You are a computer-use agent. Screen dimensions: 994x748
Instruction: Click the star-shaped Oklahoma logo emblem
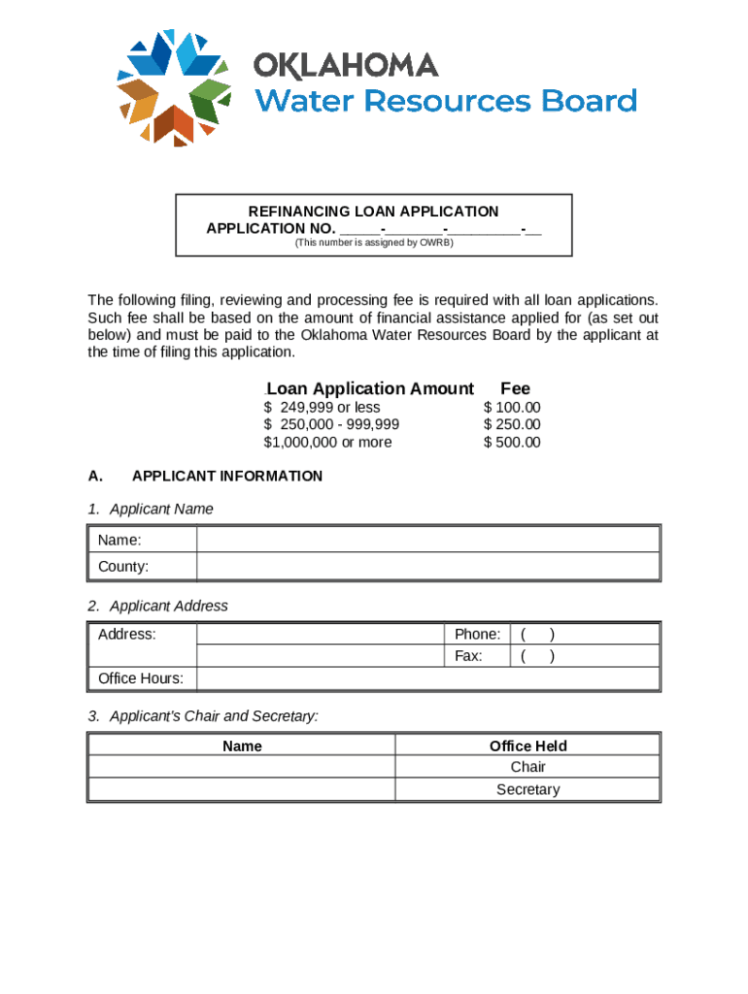173,87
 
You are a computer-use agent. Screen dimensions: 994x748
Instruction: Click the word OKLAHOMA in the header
346,66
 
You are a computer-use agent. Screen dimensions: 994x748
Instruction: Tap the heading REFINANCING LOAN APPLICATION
373,212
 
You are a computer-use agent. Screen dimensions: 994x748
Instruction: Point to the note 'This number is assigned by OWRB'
374,243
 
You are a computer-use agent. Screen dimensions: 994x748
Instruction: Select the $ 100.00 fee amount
512,408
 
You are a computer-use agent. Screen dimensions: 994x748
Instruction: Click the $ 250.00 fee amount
512,425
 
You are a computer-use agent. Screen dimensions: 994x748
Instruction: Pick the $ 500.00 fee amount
512,443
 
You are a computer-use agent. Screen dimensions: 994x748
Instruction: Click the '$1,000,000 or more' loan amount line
328,443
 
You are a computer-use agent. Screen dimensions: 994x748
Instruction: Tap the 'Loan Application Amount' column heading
370,388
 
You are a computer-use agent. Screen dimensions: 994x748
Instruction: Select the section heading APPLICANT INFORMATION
227,477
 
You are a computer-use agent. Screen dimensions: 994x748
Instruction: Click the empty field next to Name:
427,540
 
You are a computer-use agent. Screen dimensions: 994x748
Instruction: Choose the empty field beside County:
427,566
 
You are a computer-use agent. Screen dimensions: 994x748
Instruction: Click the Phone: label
477,635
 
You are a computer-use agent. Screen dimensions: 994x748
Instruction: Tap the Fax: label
468,656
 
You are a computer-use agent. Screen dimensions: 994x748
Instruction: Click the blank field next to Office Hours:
427,679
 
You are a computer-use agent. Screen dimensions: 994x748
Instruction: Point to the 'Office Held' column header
527,745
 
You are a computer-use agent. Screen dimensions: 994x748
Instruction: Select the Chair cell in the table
527,767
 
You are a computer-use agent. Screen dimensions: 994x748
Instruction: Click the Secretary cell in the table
527,789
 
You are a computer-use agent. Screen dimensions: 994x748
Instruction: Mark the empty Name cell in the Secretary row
242,789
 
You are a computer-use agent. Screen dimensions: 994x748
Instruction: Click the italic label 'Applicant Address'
169,606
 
